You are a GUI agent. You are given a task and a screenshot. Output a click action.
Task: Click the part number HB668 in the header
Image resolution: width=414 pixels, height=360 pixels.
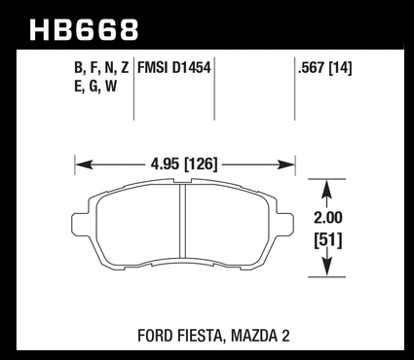(84, 30)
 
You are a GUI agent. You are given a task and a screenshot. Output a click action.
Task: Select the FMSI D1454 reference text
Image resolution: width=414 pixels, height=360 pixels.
(174, 68)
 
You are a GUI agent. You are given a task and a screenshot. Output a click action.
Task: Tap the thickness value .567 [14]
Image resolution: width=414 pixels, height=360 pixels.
(324, 68)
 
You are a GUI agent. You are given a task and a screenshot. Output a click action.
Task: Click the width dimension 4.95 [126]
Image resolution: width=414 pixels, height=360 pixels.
(184, 164)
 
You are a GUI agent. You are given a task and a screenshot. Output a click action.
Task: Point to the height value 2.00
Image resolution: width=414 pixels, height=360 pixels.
(328, 218)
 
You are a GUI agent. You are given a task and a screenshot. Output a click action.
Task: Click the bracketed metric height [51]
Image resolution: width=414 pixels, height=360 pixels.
(328, 240)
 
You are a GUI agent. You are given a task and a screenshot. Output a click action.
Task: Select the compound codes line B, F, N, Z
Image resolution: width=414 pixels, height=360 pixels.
(101, 68)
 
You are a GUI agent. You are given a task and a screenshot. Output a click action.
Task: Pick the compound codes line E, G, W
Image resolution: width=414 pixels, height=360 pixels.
(95, 87)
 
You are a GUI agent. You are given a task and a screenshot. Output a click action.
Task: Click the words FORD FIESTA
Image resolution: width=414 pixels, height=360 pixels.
(180, 337)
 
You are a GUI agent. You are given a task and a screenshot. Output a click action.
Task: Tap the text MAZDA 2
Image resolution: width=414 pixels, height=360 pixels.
(260, 336)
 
